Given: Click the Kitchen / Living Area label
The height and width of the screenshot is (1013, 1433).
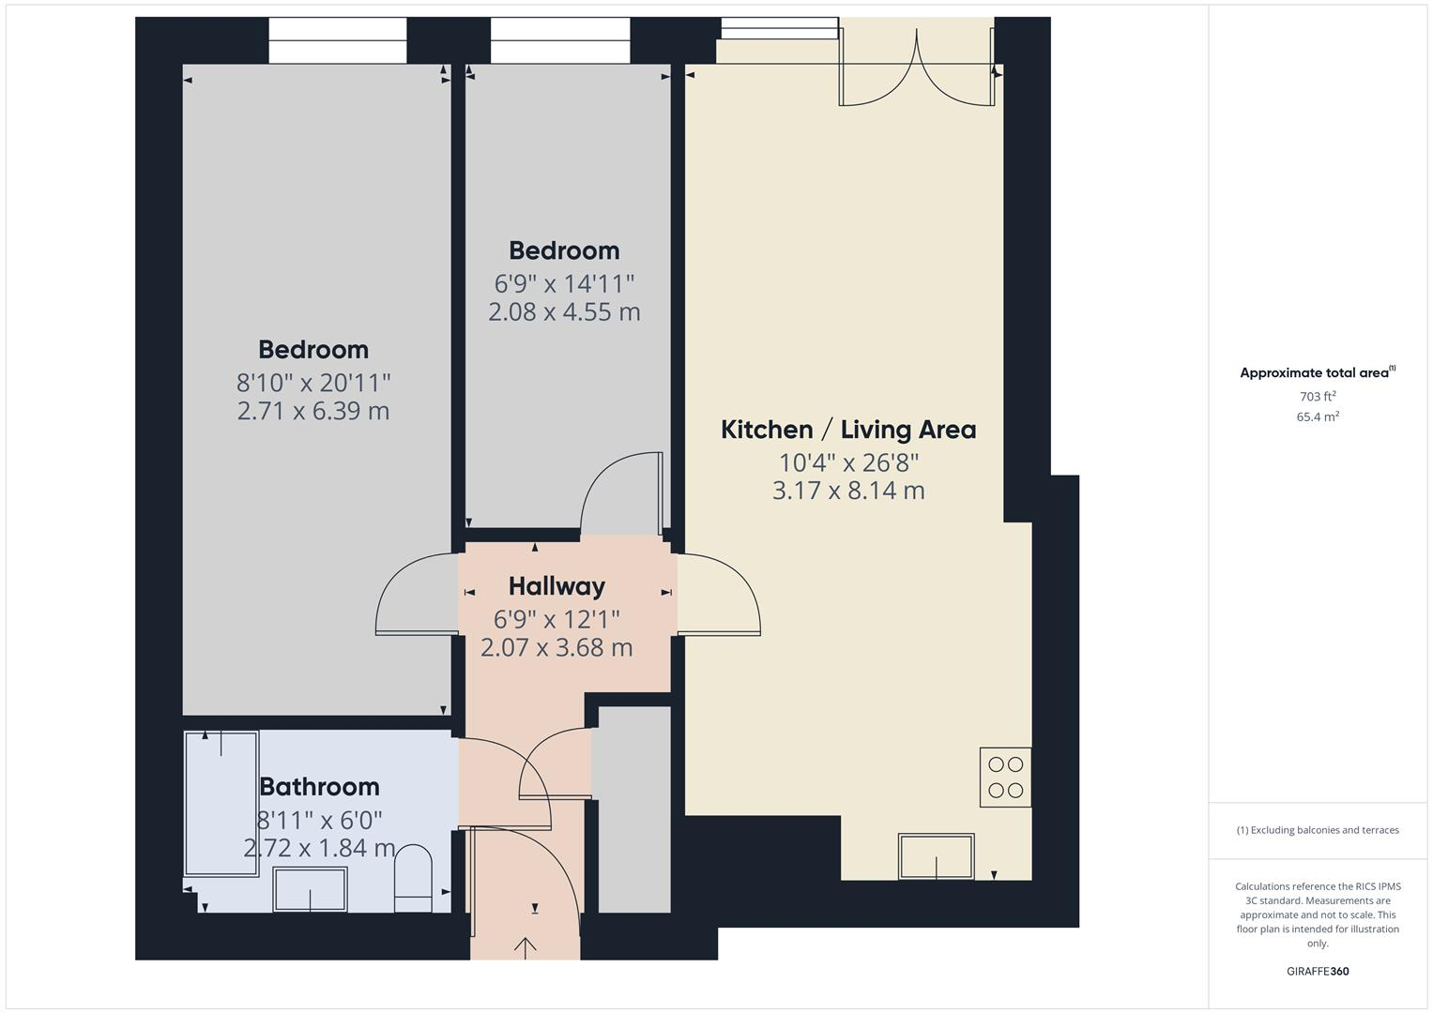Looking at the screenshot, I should coord(848,430).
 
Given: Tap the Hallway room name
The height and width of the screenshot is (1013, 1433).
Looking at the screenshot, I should coord(556,586).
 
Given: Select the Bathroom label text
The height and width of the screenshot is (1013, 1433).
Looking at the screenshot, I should coord(319,786).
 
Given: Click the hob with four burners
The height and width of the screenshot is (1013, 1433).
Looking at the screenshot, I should coord(1005,777).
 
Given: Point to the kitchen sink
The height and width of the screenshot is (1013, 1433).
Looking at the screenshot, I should coord(936,856).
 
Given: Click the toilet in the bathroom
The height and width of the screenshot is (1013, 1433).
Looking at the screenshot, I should coord(413,878).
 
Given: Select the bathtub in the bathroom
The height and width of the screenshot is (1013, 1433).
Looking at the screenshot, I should coord(221,803).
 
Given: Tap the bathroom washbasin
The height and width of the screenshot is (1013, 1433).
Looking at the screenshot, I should coord(310,889).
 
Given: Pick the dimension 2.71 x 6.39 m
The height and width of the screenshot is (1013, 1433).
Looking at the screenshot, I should coord(313,411).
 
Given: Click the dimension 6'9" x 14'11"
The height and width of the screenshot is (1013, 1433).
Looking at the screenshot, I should coord(564,283).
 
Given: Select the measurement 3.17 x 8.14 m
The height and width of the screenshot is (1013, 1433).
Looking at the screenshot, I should coord(848,491).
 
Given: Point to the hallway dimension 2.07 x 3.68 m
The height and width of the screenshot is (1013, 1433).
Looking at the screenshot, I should coord(556,647).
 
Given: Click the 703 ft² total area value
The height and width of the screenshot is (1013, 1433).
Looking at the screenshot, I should coord(1318,396).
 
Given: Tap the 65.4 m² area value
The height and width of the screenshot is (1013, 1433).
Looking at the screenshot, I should coord(1318,416).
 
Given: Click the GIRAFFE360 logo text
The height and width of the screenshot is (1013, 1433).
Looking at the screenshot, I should coord(1318,972).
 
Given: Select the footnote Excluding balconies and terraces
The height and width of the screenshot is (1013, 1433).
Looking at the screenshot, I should coord(1318,830).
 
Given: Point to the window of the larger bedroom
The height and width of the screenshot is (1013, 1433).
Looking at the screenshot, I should coord(338,40).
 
